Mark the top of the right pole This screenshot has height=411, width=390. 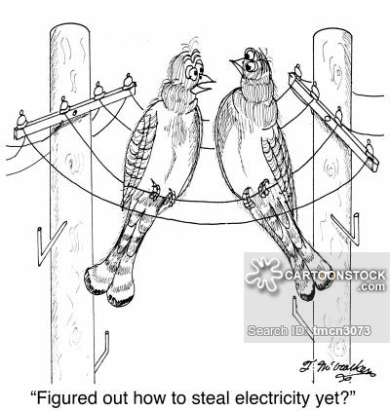(332, 35)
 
